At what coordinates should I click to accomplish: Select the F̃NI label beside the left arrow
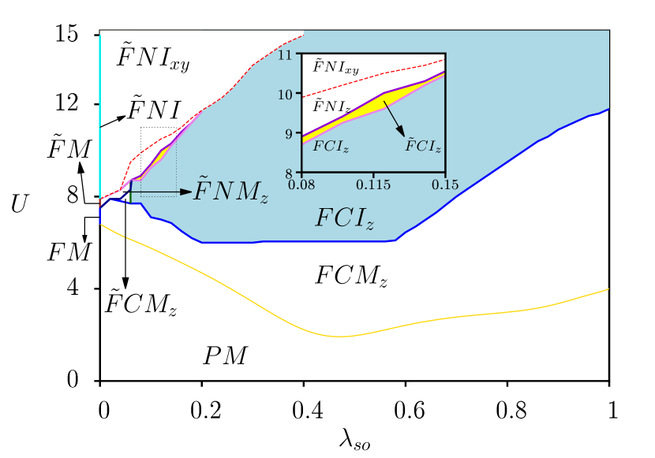click(156, 110)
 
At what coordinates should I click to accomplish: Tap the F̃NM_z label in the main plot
click(231, 192)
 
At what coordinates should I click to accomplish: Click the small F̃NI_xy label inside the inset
click(335, 68)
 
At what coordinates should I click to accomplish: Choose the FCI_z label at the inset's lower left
click(331, 147)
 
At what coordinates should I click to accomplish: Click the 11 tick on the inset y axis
click(285, 54)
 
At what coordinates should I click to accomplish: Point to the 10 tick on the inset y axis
click(285, 94)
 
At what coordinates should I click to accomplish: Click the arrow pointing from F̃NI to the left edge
click(114, 121)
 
